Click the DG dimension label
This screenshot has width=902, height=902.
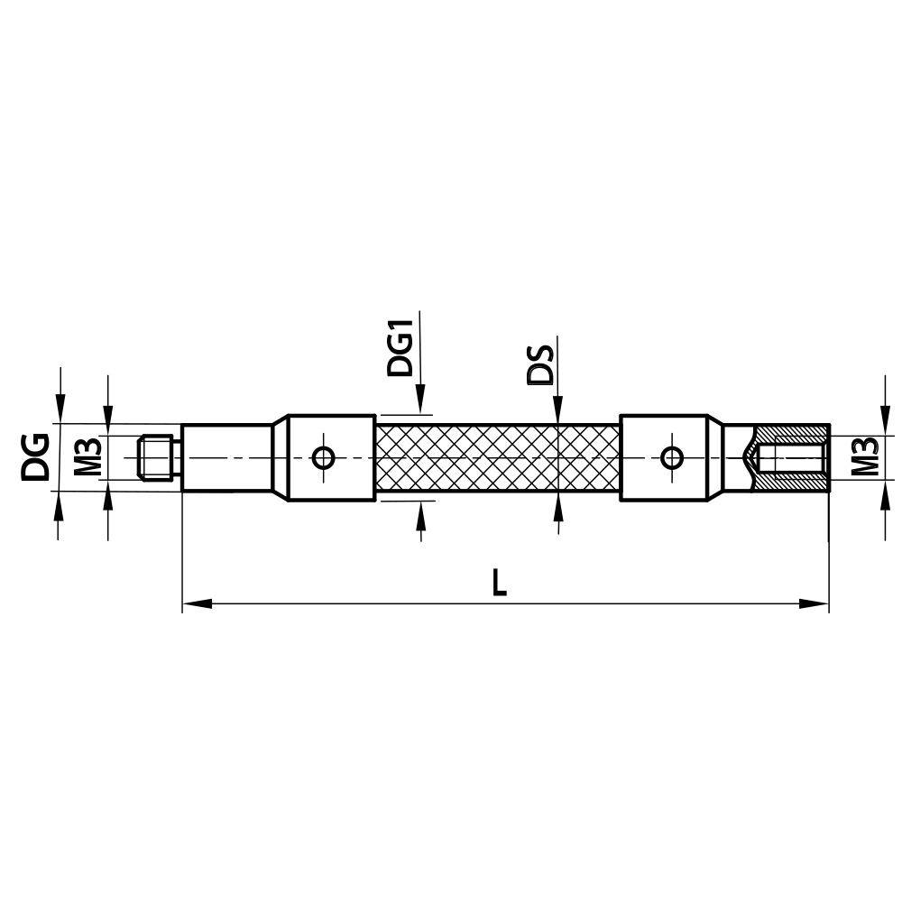tap(37, 456)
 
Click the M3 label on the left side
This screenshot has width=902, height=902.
tap(87, 457)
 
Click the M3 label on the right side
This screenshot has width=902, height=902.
tap(864, 456)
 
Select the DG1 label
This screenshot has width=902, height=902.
tap(400, 346)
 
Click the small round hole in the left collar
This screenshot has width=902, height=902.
tap(323, 457)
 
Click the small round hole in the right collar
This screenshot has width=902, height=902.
tap(670, 457)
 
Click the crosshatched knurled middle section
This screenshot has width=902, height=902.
tap(496, 457)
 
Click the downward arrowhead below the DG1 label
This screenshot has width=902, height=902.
tap(419, 401)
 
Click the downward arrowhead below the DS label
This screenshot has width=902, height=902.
tap(557, 410)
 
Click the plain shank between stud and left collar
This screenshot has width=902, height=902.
tap(225, 457)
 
